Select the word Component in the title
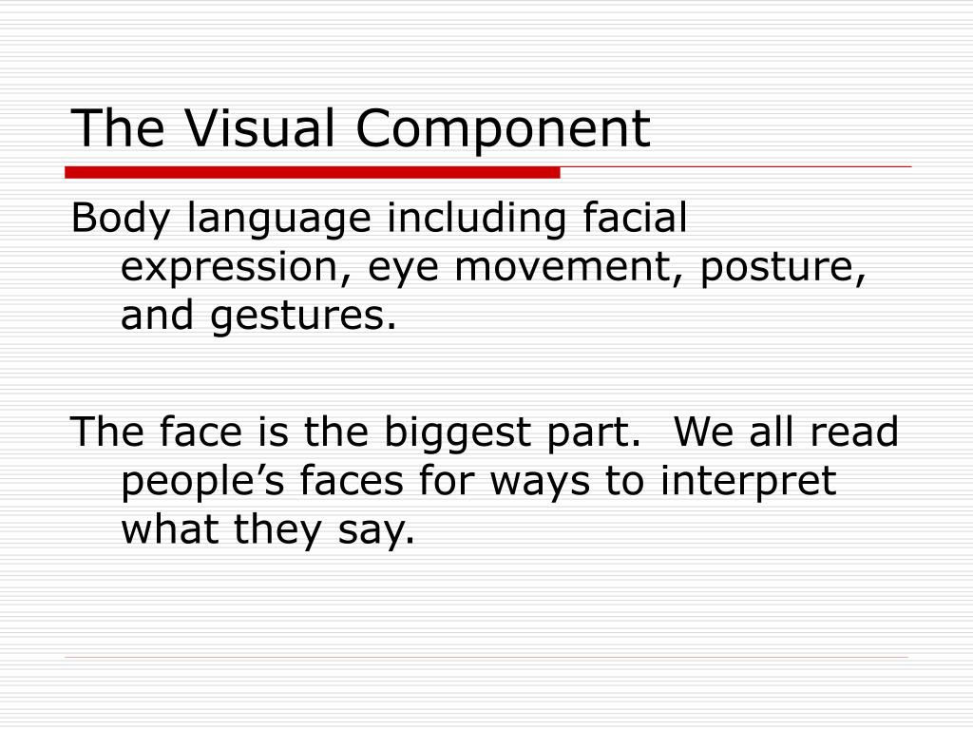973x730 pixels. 504,130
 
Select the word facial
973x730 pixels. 632,219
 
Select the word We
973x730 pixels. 703,432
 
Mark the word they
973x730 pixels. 268,530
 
